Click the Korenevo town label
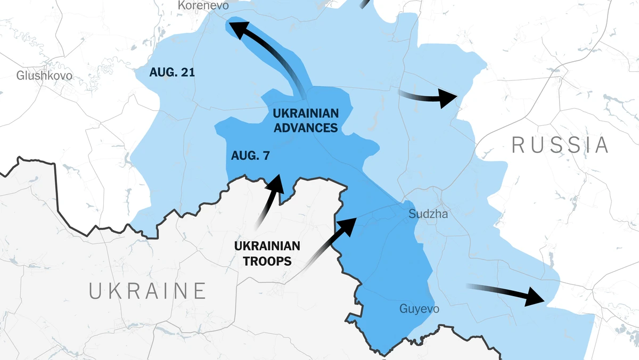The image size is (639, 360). click(x=203, y=6)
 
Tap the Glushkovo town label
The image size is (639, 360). click(x=44, y=76)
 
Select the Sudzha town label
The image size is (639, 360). click(x=428, y=214)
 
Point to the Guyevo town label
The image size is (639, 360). click(x=420, y=309)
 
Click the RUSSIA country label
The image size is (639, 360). click(x=560, y=145)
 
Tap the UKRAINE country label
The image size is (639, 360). click(x=148, y=291)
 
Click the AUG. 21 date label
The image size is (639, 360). click(x=172, y=72)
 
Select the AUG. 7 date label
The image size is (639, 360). click(x=250, y=156)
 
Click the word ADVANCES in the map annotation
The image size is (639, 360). click(x=305, y=128)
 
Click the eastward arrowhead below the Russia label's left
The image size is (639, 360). click(x=447, y=98)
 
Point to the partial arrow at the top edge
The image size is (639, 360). click(x=364, y=4)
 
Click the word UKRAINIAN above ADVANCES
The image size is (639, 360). click(x=305, y=113)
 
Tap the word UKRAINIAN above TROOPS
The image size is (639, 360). click(x=267, y=246)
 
